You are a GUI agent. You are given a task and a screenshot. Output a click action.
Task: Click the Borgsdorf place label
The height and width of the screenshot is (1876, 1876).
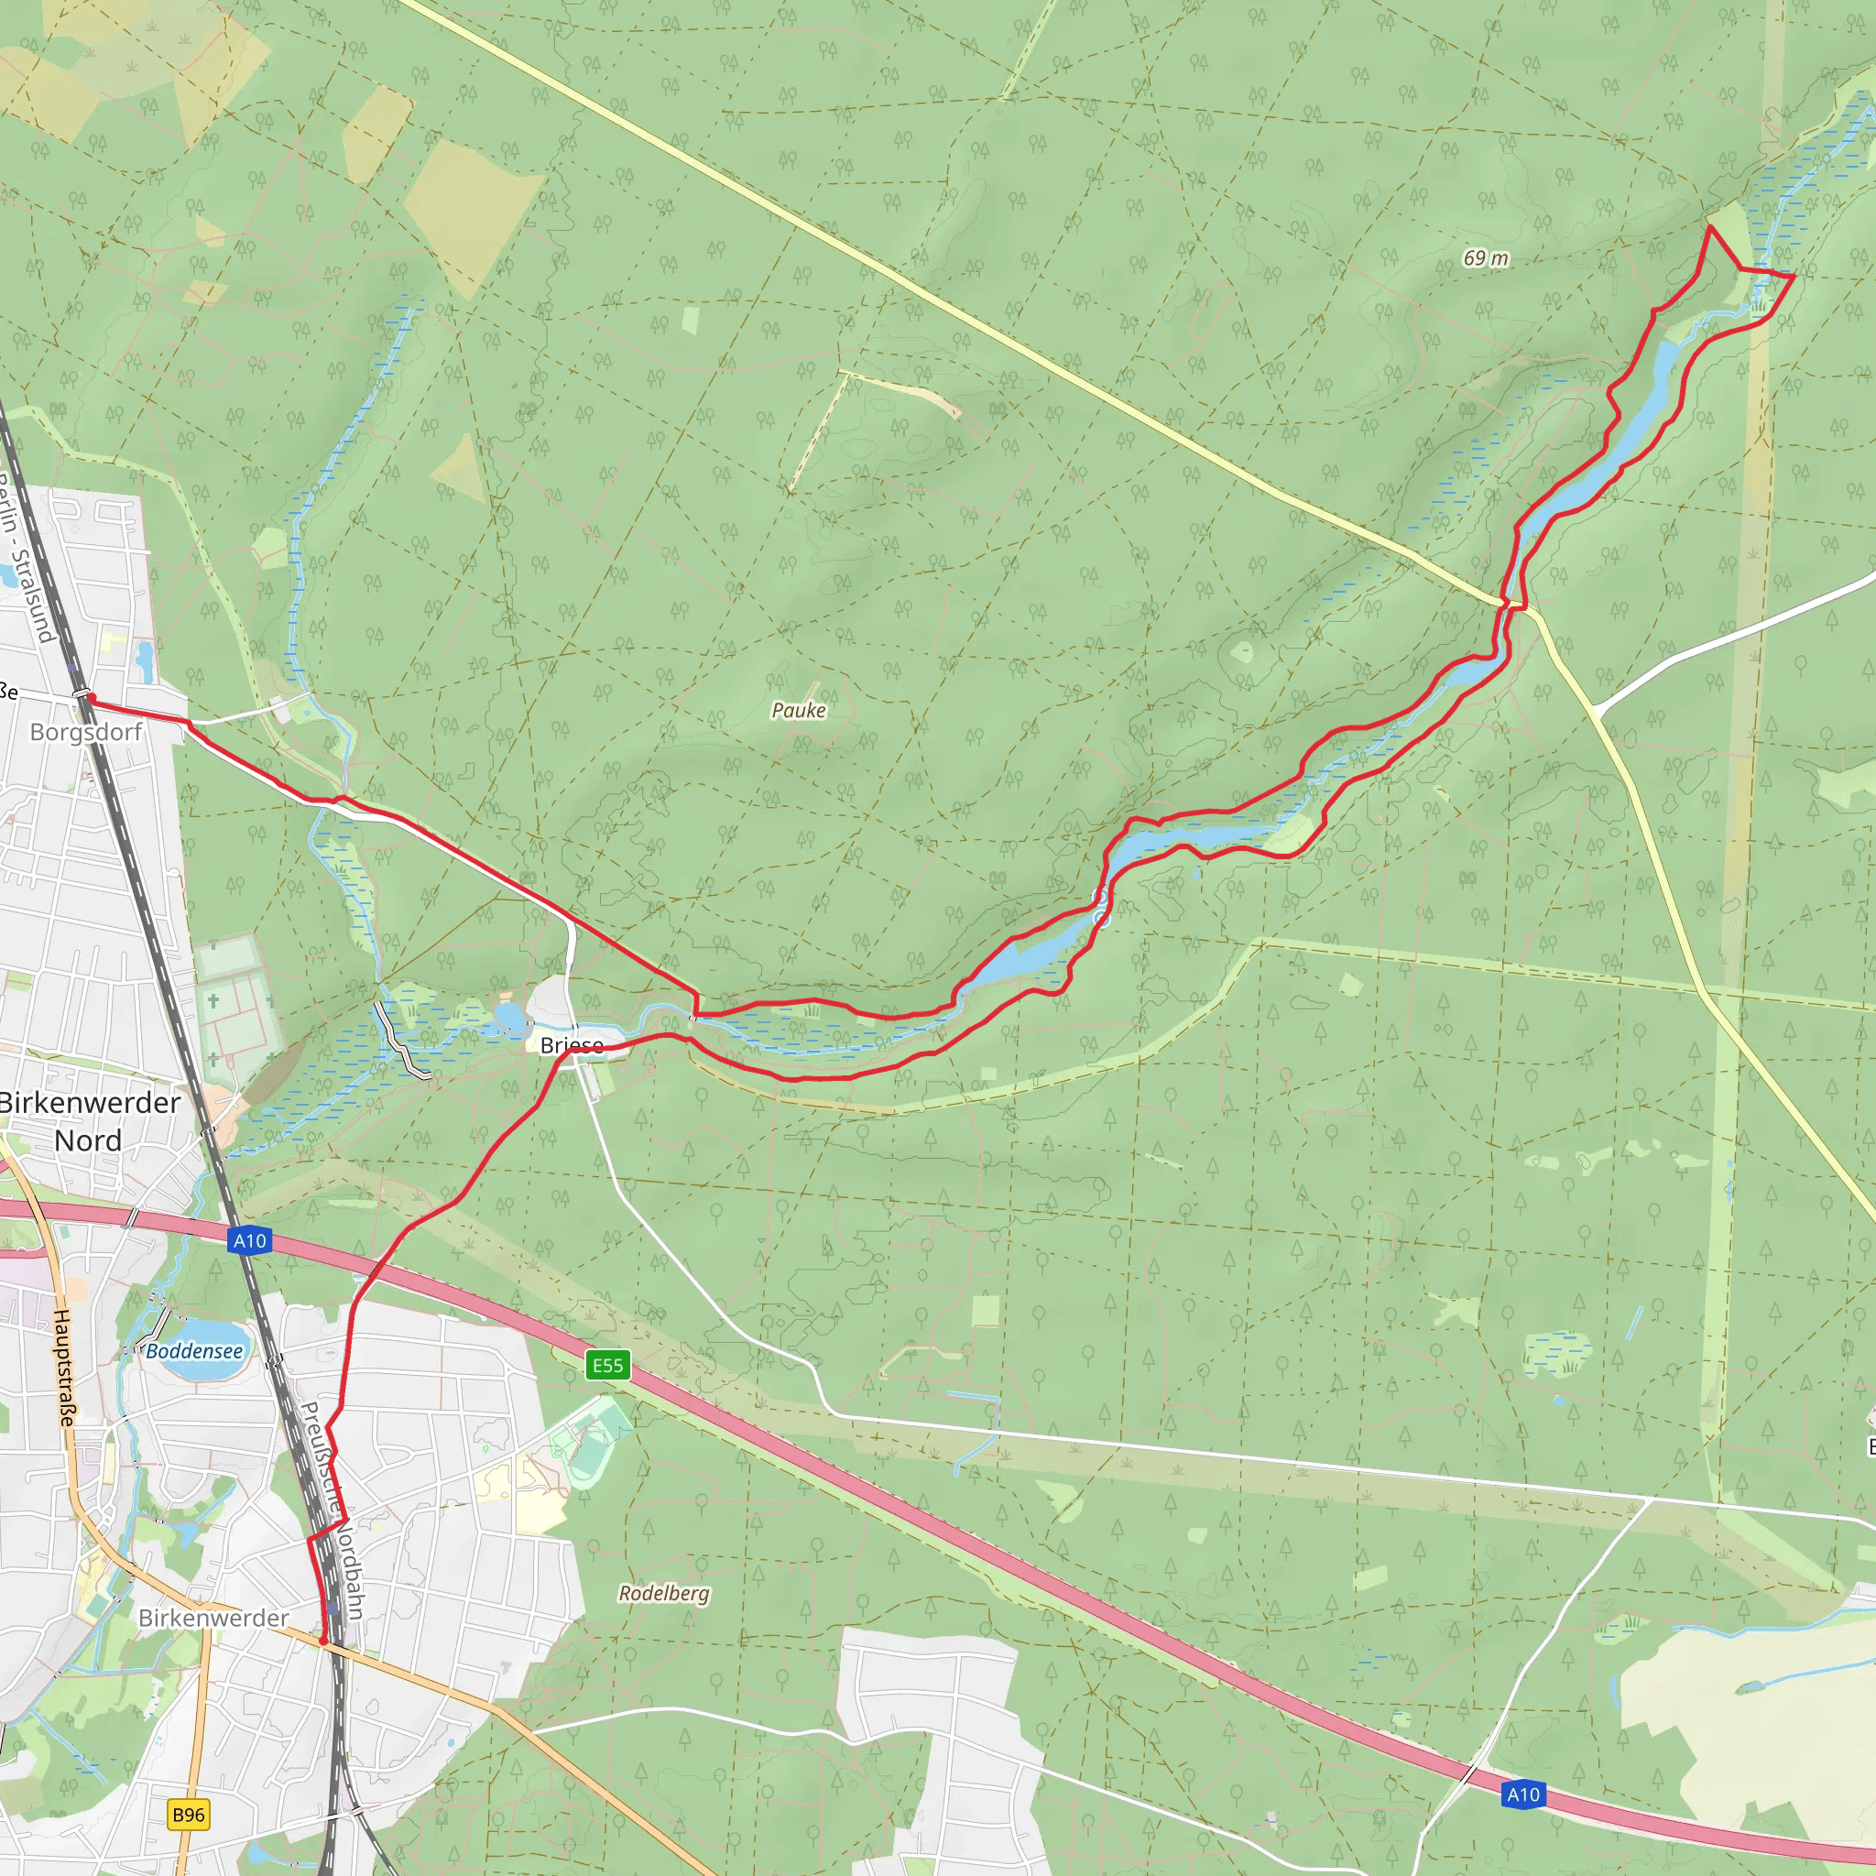point(85,732)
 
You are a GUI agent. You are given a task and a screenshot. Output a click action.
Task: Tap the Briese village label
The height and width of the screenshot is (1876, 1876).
point(572,1046)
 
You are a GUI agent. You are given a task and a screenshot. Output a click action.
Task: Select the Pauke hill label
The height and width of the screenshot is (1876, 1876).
point(798,711)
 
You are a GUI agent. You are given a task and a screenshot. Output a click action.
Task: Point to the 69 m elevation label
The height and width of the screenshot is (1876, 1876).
point(1486,258)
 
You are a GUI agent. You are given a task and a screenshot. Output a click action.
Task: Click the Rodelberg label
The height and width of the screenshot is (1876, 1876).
point(664,1594)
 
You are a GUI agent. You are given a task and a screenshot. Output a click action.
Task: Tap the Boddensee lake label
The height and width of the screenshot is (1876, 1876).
point(194,1351)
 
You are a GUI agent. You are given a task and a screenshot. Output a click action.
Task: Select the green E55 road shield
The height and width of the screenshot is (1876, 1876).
point(608,1365)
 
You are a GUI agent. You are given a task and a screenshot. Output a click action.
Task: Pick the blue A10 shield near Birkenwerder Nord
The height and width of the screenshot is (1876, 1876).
point(249,1240)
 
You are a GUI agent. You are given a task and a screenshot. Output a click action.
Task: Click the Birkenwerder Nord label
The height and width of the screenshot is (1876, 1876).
point(90,1121)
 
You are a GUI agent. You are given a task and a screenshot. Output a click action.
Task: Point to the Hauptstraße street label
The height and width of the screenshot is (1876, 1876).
point(63,1369)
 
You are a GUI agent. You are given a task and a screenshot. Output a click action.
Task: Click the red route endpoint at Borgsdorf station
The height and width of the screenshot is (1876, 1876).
point(88,696)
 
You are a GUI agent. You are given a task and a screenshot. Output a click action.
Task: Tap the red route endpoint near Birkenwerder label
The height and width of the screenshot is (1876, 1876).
point(322,1641)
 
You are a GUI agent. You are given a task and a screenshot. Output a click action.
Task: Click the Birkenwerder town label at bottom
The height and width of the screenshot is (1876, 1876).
point(213,1618)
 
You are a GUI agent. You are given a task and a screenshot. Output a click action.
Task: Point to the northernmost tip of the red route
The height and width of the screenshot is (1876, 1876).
point(1710,227)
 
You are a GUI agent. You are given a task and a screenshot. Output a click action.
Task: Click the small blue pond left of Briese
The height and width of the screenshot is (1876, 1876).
point(510,1018)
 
